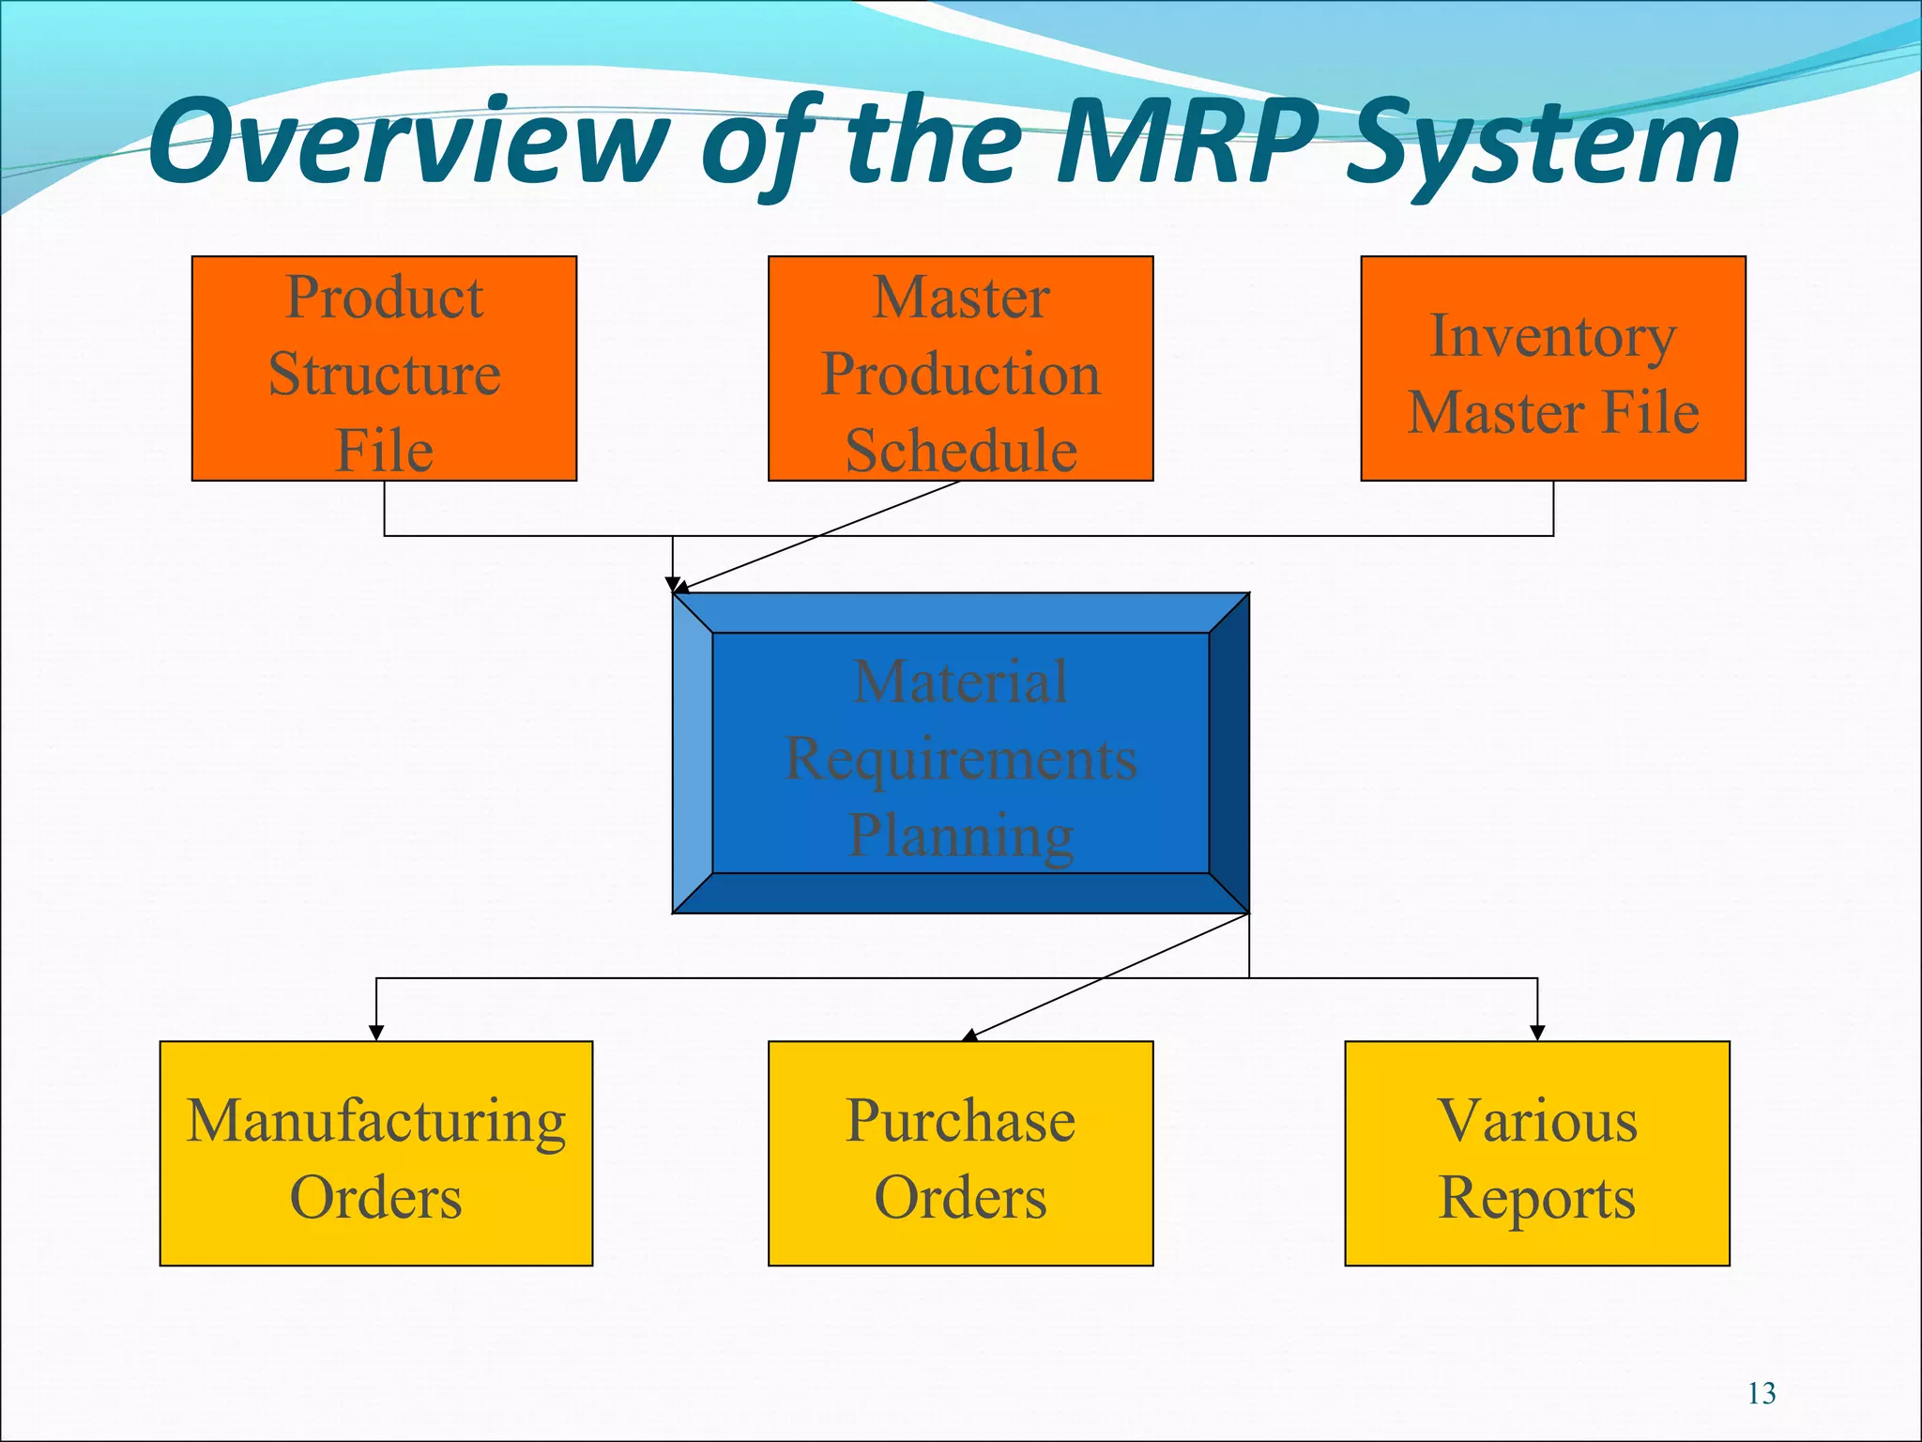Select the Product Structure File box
pyautogui.click(x=384, y=369)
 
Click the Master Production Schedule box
pyautogui.click(x=960, y=369)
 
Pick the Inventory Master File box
pyautogui.click(x=1553, y=369)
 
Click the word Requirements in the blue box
pyautogui.click(x=960, y=759)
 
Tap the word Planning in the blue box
pyautogui.click(x=960, y=835)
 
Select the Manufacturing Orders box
pyautogui.click(x=375, y=1154)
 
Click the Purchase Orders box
pyautogui.click(x=960, y=1154)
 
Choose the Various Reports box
pyautogui.click(x=1536, y=1154)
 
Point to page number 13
pyautogui.click(x=1762, y=1393)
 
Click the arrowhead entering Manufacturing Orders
pyautogui.click(x=376, y=1033)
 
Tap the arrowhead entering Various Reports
pyautogui.click(x=1537, y=1033)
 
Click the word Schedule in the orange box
pyautogui.click(x=960, y=451)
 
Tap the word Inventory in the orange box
pyautogui.click(x=1552, y=336)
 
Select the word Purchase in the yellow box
pyautogui.click(x=960, y=1120)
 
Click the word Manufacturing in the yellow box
pyautogui.click(x=375, y=1120)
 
